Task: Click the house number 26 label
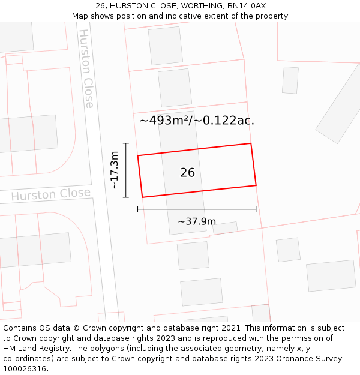point(187,173)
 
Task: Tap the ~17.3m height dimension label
point(114,170)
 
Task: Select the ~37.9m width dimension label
point(197,221)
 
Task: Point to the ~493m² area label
point(197,120)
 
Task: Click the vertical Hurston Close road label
point(87,68)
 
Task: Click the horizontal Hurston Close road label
point(51,194)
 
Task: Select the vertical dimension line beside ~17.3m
point(126,170)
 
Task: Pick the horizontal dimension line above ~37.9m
point(197,209)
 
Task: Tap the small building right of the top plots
point(290,80)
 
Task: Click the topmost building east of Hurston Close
point(166,46)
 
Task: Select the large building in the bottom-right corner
point(331,275)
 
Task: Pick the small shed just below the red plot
point(225,228)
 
